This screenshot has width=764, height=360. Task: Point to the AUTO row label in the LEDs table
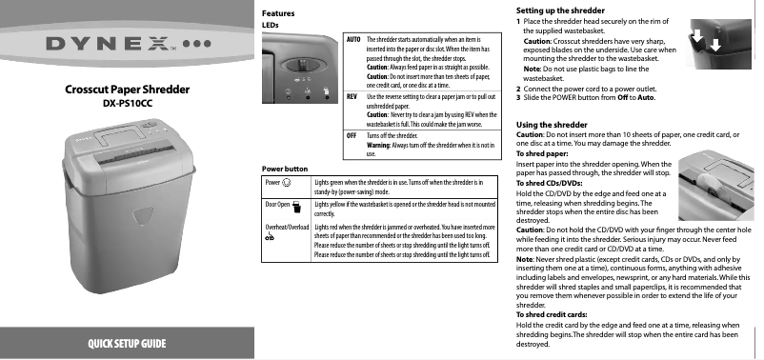[352, 39]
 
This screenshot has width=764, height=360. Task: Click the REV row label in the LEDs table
[352, 97]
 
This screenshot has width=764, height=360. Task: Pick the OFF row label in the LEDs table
[351, 135]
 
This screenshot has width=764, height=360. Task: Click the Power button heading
[284, 169]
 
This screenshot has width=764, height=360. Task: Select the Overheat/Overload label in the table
[286, 228]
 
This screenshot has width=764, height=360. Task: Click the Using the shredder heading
[551, 125]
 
